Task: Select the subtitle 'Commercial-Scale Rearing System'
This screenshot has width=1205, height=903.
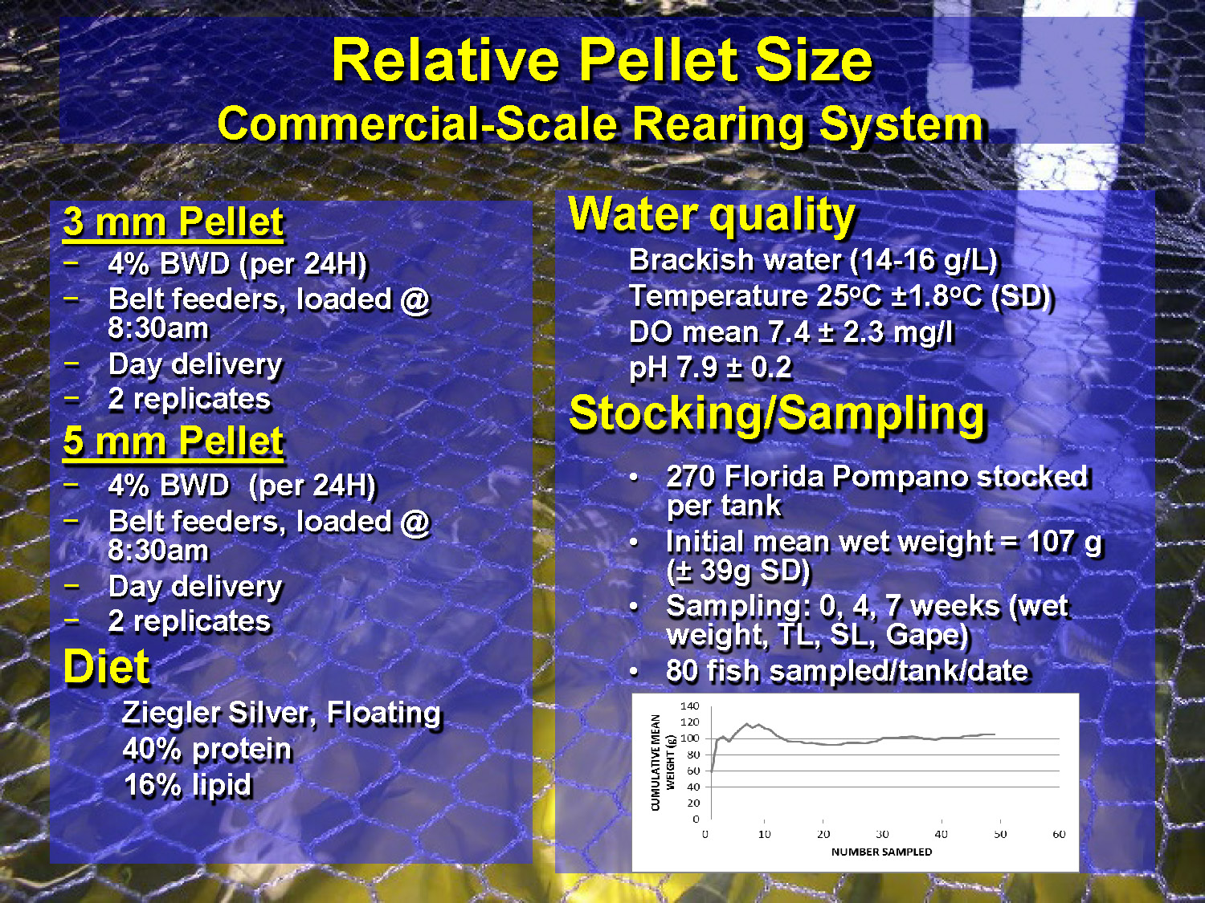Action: coord(600,125)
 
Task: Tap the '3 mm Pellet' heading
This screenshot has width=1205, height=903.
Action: coord(173,222)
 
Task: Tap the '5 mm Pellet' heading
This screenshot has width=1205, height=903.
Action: coord(173,441)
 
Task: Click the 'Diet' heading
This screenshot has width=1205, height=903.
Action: coord(106,667)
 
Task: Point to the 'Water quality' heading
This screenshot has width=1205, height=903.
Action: coord(712,215)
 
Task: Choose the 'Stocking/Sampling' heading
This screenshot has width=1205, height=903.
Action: coord(776,413)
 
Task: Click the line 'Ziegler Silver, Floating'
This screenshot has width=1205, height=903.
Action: coord(281,713)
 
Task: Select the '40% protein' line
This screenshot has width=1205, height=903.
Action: coord(207,749)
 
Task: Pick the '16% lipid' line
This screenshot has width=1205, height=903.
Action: coord(187,785)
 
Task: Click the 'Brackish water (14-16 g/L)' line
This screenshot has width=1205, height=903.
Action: coord(812,260)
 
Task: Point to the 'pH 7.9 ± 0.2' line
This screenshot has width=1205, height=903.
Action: coord(710,368)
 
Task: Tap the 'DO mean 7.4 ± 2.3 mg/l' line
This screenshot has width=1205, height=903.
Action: coord(790,332)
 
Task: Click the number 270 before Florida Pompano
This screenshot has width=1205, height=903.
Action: coord(690,477)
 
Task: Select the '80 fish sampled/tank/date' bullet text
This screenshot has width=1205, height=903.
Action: coord(847,671)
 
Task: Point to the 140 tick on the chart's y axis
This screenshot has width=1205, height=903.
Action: coord(689,706)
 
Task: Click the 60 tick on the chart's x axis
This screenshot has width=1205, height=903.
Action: coord(1059,835)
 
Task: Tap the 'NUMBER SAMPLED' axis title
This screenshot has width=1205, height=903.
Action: coord(881,852)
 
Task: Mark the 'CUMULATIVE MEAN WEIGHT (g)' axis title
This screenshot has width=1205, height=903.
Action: coord(662,762)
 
